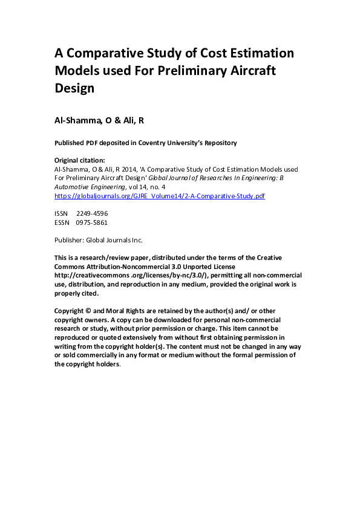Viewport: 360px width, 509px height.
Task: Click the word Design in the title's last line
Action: tap(74, 88)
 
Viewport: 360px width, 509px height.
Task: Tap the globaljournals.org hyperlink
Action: tap(160, 196)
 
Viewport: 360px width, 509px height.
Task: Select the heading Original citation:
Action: tap(80, 160)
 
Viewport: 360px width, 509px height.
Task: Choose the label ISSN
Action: tap(62, 213)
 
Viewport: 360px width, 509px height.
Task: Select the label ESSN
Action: tap(62, 222)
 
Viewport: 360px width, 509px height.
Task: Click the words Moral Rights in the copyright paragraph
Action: tap(130, 310)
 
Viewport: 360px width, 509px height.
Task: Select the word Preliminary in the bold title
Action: tap(195, 70)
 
